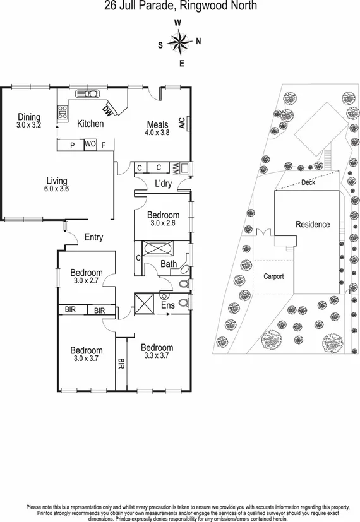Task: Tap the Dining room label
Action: point(29,117)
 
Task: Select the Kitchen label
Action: point(90,124)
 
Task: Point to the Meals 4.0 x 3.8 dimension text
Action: point(157,133)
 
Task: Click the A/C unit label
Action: point(181,122)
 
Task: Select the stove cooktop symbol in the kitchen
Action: point(63,113)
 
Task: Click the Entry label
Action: point(93,237)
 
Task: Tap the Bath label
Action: point(168,264)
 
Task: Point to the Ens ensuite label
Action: point(168,305)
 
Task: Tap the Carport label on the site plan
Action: point(273,276)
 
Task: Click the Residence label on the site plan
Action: point(313,224)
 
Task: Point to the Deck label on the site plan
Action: point(308,182)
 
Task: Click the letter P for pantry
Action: point(72,145)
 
